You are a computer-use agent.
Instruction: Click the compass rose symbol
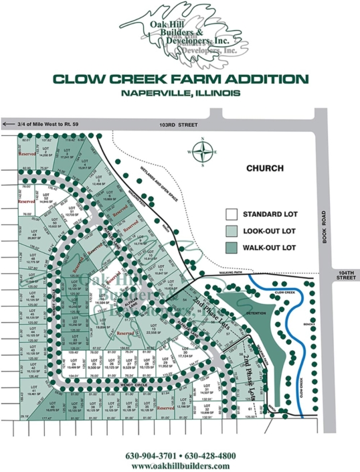pos(203,151)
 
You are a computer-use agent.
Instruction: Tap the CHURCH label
pos(265,168)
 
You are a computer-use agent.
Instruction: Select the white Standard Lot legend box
pos(231,216)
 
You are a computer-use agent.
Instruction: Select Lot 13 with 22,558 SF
pos(157,329)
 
